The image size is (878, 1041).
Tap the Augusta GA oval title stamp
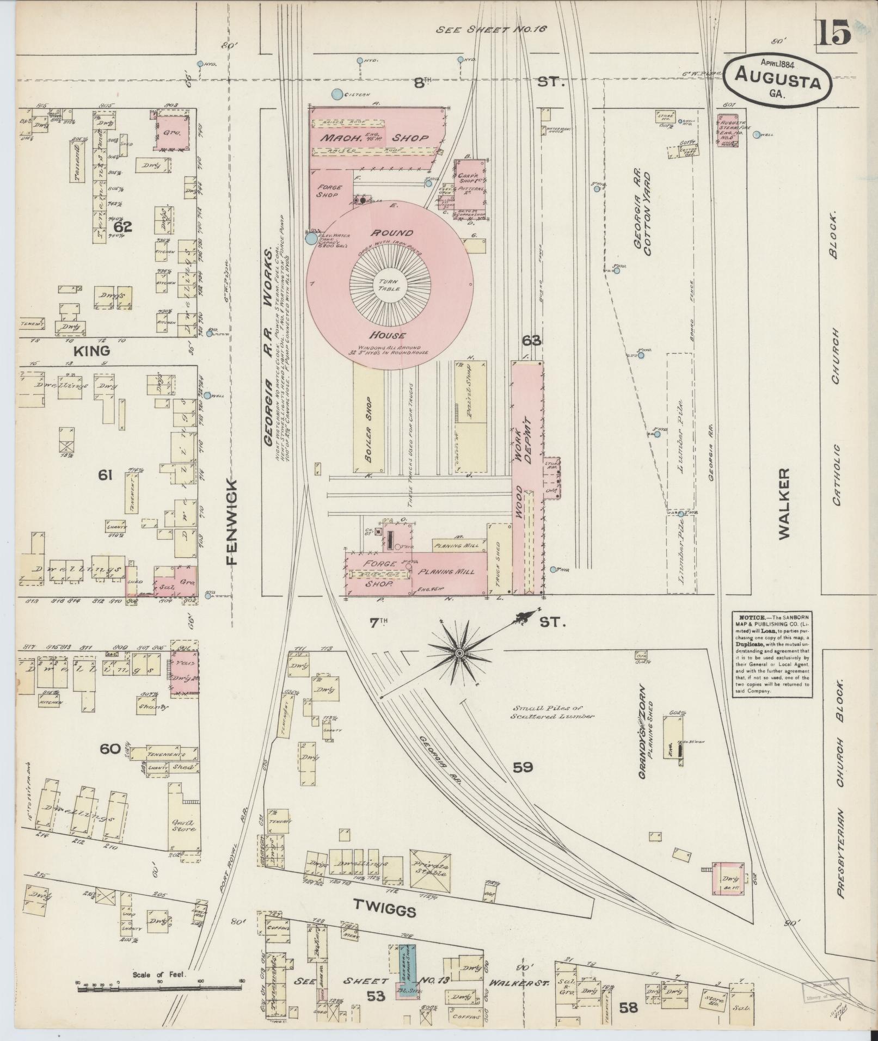click(778, 78)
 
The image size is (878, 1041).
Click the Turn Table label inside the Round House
click(389, 285)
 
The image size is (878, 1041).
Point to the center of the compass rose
click(459, 652)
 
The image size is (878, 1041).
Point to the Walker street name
click(784, 504)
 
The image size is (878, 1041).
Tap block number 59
click(523, 767)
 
